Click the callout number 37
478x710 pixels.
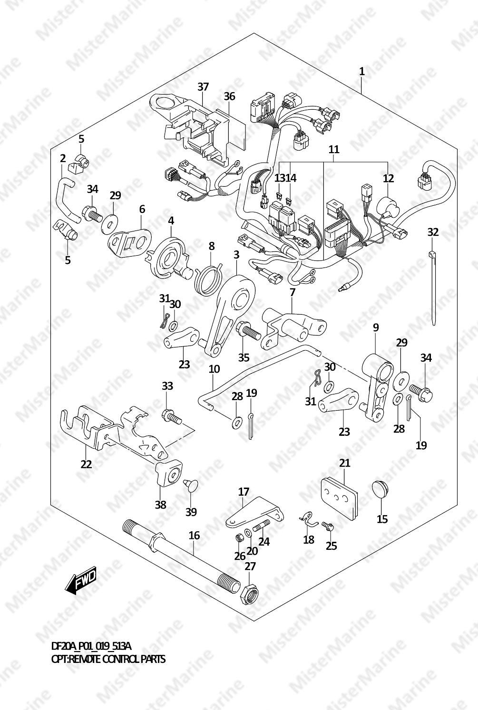(x=203, y=86)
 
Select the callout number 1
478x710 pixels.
(x=362, y=71)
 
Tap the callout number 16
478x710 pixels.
(x=194, y=536)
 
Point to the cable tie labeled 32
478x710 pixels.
(x=432, y=288)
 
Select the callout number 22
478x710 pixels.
(x=86, y=464)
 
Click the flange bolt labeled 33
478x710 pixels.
(x=172, y=417)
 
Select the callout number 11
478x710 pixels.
(x=334, y=149)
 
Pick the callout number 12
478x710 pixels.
(x=388, y=178)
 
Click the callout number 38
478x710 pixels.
(x=160, y=505)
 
